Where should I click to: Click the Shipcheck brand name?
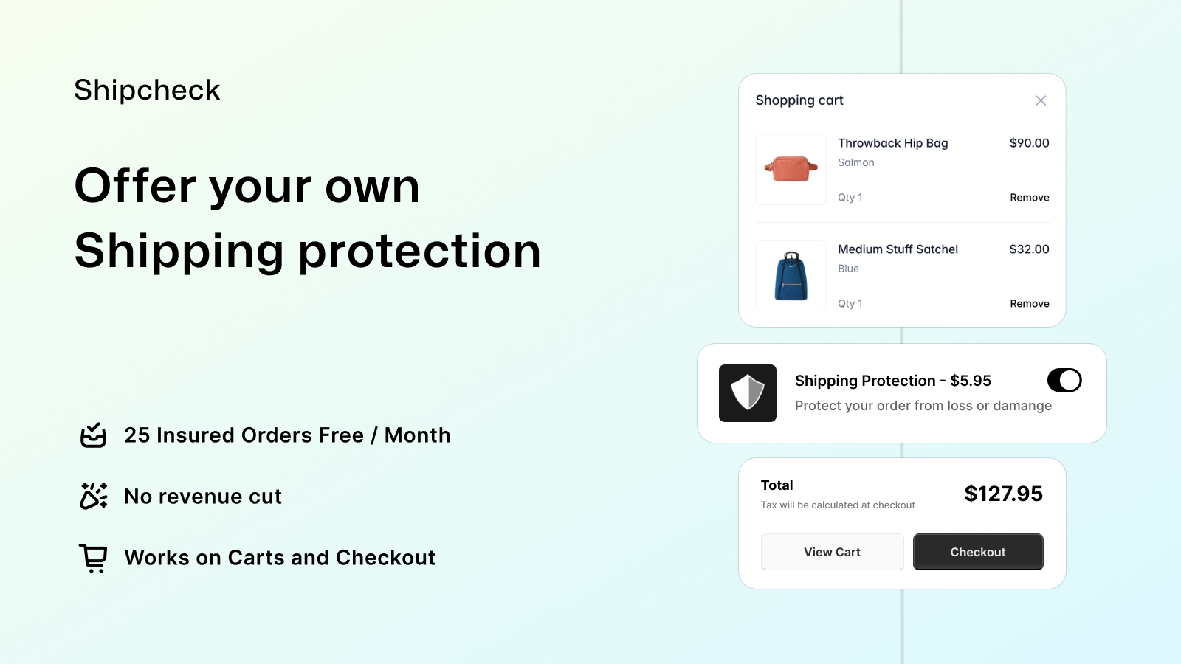[x=147, y=89]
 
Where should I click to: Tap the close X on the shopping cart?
[x=1040, y=100]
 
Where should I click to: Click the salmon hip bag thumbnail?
[x=791, y=169]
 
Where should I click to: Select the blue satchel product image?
[x=791, y=276]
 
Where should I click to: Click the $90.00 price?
[x=1029, y=143]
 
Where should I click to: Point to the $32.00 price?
[x=1029, y=249]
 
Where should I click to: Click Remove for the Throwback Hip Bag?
[x=1029, y=198]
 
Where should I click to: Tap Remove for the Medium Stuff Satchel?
[x=1029, y=303]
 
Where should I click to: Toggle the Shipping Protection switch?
[x=1064, y=380]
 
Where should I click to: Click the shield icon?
[x=748, y=393]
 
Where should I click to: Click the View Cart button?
[x=832, y=552]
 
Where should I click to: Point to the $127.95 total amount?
[x=1003, y=494]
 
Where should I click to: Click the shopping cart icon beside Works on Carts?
[x=93, y=558]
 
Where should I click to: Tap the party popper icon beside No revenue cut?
[x=93, y=496]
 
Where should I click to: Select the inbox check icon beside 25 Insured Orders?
[x=93, y=435]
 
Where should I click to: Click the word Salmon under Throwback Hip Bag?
[x=855, y=162]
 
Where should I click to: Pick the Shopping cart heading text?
[x=799, y=100]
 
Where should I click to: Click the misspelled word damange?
[x=1022, y=406]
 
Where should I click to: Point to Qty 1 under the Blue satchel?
[x=850, y=303]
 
